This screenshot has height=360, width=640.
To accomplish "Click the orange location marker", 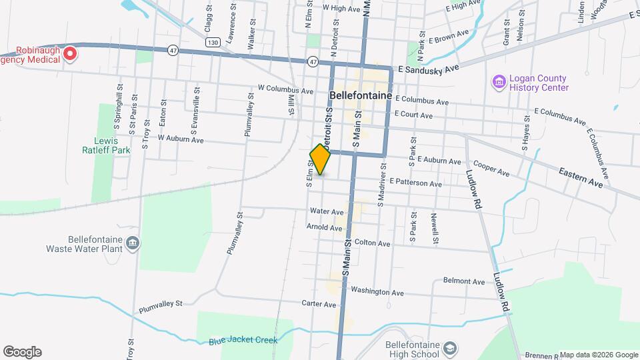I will [321, 159].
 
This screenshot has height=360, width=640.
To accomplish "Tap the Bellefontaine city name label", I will [360, 95].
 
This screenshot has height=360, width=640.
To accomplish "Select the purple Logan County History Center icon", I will [498, 82].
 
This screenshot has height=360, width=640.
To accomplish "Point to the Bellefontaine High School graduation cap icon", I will [450, 349].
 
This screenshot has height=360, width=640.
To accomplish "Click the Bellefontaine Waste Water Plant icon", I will [133, 242].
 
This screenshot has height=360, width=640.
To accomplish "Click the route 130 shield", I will [213, 42].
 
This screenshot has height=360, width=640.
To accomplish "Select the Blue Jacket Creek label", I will [242, 341].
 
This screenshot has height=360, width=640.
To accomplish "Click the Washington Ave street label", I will [377, 292].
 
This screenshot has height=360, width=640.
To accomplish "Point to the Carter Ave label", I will [319, 304].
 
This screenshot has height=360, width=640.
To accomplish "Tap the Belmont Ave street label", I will [464, 282].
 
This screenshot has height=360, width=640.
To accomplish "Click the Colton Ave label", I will [372, 243].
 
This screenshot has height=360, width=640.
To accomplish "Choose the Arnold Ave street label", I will [325, 227].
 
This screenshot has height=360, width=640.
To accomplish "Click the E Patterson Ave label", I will [416, 182].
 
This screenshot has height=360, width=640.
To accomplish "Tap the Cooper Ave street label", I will [491, 169].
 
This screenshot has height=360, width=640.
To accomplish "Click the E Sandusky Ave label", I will [429, 68].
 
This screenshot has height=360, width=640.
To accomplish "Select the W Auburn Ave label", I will [181, 139].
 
